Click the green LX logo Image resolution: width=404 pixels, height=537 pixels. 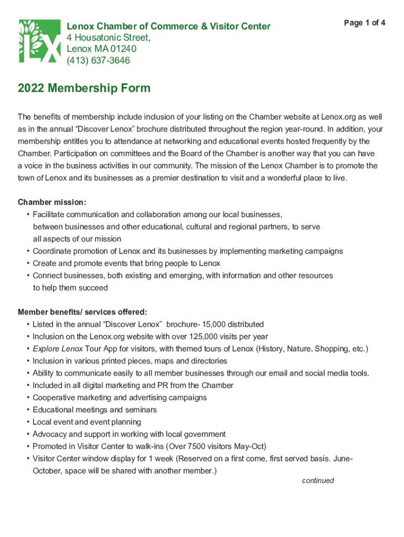coord(39,41)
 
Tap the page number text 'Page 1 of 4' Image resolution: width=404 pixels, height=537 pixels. coord(365,23)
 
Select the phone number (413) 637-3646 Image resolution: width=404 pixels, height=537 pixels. coord(98,60)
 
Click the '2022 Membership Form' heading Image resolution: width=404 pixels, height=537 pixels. coord(84,88)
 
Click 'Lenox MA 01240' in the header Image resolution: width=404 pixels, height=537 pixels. coord(101,49)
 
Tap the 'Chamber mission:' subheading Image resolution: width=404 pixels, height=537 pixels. coord(52,202)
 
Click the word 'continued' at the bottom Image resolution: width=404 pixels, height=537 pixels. coord(318,480)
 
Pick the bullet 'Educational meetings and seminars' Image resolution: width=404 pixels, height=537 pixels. coord(94,410)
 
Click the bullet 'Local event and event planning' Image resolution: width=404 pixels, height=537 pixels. coord(87,422)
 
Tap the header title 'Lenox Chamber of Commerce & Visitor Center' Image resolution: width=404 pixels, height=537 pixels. coord(168,26)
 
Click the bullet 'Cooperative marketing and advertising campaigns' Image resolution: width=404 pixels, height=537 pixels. coord(120,398)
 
